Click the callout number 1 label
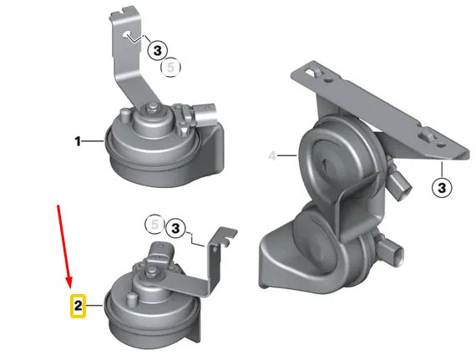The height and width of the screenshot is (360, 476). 78,142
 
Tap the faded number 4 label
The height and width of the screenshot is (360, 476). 272,155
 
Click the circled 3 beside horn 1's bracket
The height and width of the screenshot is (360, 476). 160,50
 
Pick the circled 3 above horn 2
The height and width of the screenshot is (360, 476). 175,227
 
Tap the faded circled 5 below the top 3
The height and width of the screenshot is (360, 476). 170,67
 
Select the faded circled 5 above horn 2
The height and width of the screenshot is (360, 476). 153,224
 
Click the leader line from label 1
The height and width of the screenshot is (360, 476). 94,142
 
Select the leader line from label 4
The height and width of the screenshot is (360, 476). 287,155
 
